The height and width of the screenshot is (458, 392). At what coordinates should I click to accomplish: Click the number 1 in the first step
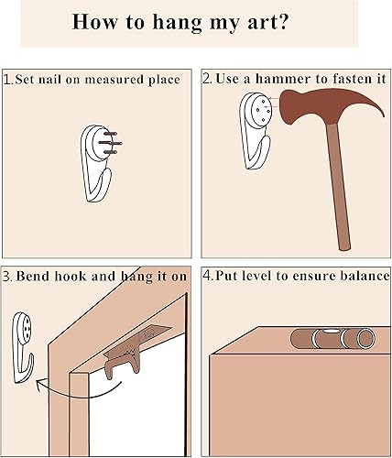click(x=8, y=80)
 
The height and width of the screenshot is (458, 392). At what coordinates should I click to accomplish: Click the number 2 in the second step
click(x=207, y=80)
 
